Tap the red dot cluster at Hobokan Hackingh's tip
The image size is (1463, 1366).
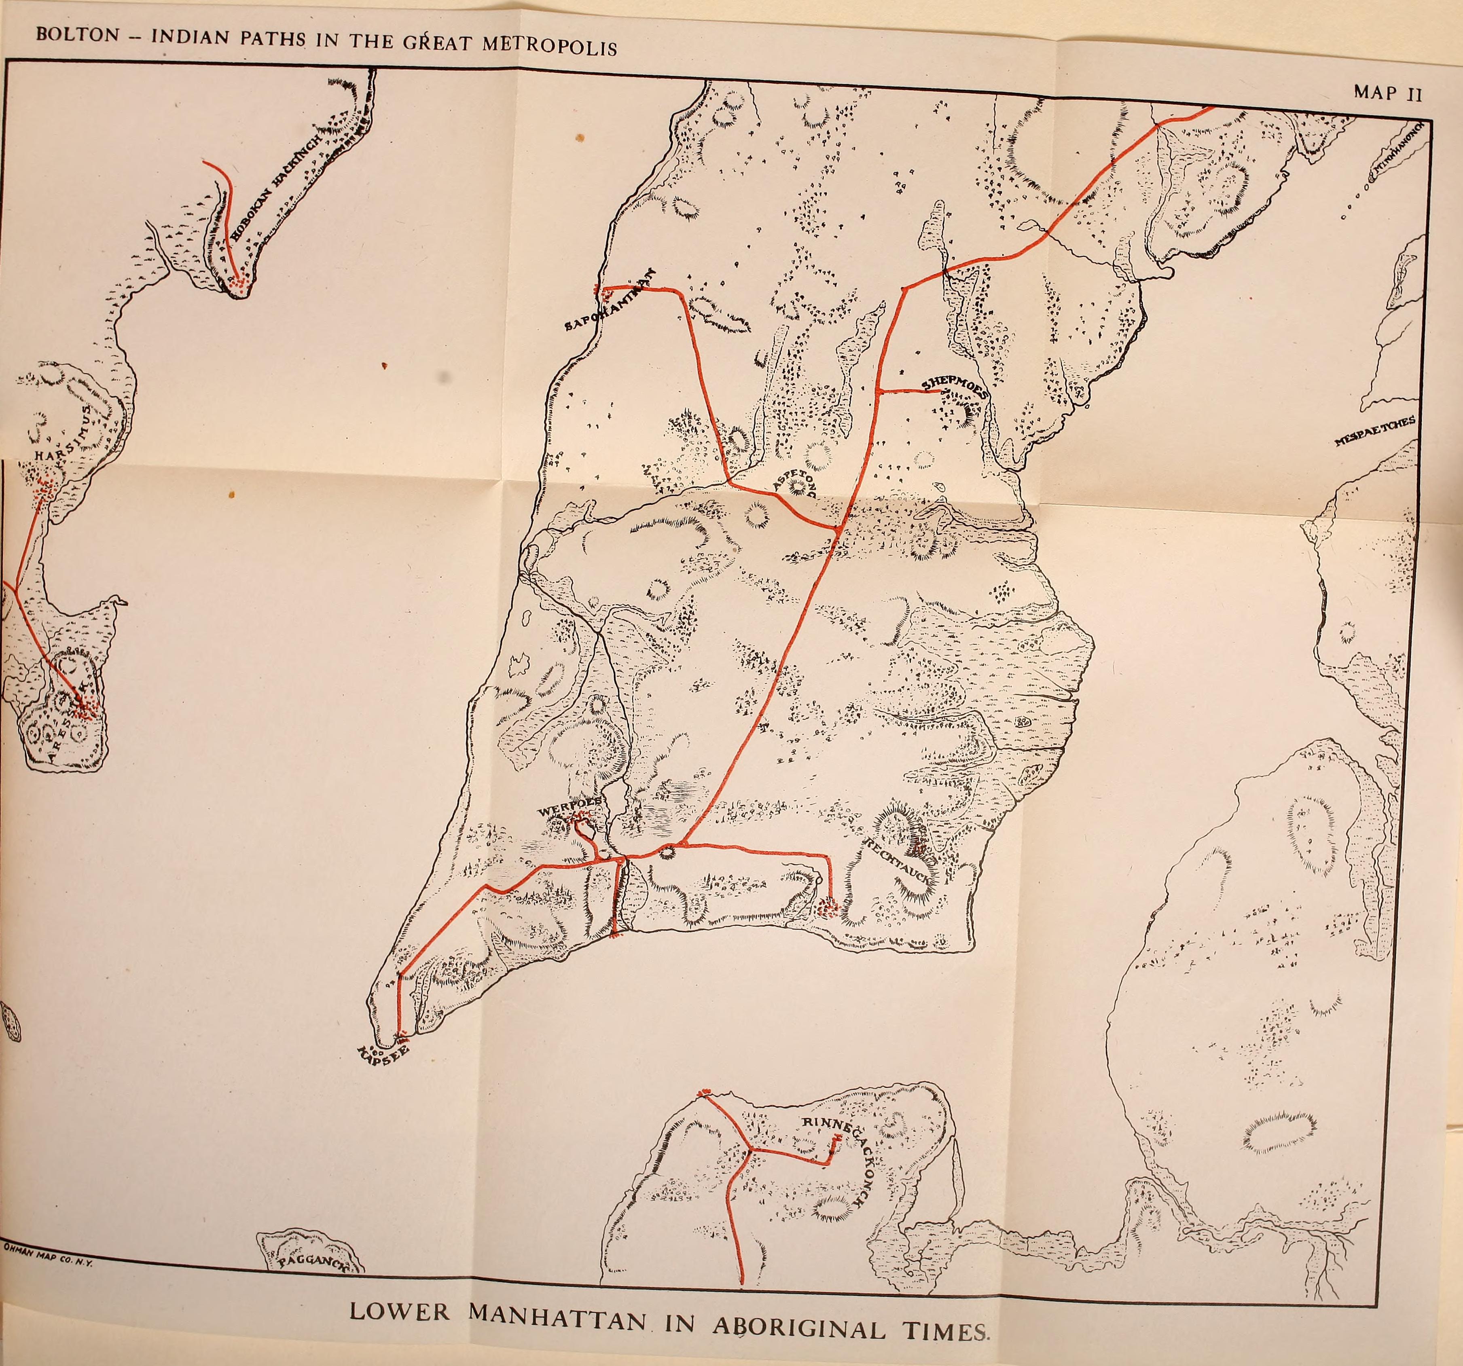(238, 284)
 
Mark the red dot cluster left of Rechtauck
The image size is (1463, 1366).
(828, 909)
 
